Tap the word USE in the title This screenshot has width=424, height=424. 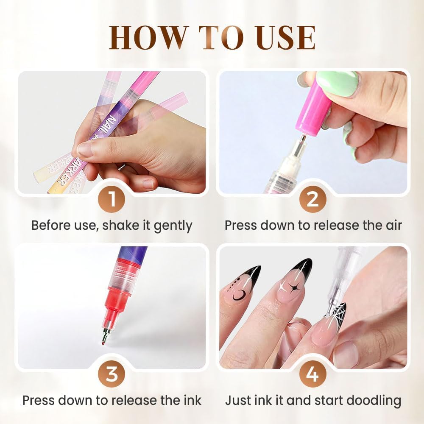(x=282, y=38)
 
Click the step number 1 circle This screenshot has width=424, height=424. (x=112, y=199)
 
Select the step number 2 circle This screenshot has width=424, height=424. (x=312, y=199)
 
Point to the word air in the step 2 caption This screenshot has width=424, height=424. (x=392, y=225)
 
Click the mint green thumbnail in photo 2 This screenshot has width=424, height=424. (x=338, y=83)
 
